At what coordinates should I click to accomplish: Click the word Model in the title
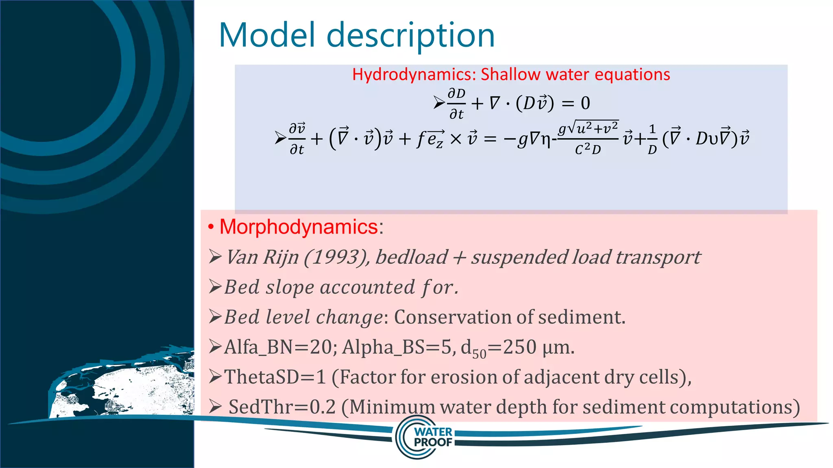[267, 35]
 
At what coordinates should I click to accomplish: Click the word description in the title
[410, 36]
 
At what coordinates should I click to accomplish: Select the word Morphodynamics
[299, 227]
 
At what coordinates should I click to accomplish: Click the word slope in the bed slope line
[290, 288]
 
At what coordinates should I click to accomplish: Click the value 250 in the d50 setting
[519, 347]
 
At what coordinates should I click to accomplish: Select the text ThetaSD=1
[275, 377]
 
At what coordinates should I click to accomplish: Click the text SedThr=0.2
[282, 407]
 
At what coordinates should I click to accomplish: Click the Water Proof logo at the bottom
[425, 437]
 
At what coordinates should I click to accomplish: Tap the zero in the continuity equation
[585, 103]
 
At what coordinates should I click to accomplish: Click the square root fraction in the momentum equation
[588, 139]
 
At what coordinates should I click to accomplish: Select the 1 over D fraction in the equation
[652, 139]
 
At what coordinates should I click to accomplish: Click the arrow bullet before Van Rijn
[215, 257]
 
